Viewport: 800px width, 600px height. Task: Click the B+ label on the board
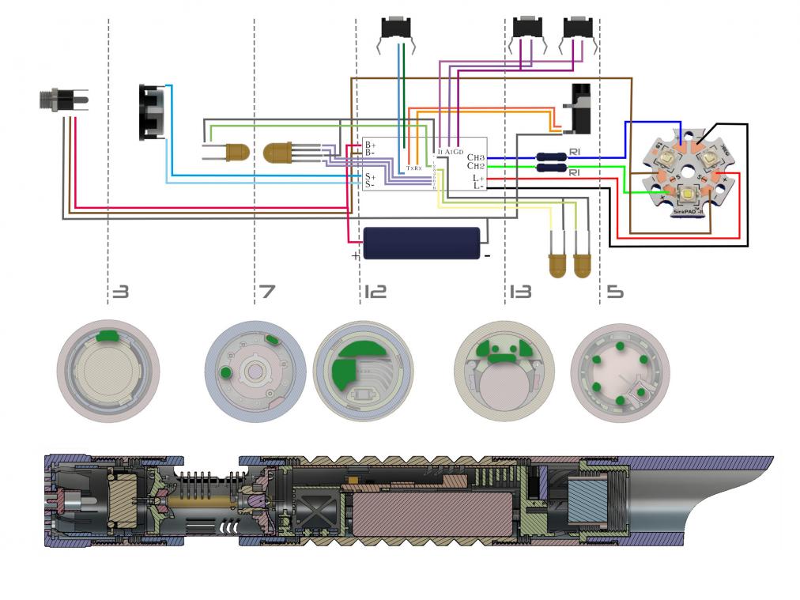[369, 145]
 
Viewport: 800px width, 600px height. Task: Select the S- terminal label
[369, 184]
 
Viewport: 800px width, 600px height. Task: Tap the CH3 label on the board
[475, 157]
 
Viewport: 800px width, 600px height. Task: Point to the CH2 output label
[475, 166]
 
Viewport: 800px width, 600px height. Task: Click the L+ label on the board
[478, 179]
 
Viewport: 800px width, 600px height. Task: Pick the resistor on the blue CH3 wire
[551, 157]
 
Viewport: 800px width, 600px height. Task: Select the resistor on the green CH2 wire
[551, 167]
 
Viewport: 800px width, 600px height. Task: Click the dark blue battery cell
[421, 243]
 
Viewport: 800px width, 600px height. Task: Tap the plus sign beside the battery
[356, 255]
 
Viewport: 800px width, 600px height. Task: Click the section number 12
[375, 292]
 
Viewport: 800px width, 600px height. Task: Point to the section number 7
[267, 292]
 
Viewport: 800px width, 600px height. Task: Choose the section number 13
[520, 292]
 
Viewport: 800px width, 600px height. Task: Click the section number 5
[614, 292]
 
